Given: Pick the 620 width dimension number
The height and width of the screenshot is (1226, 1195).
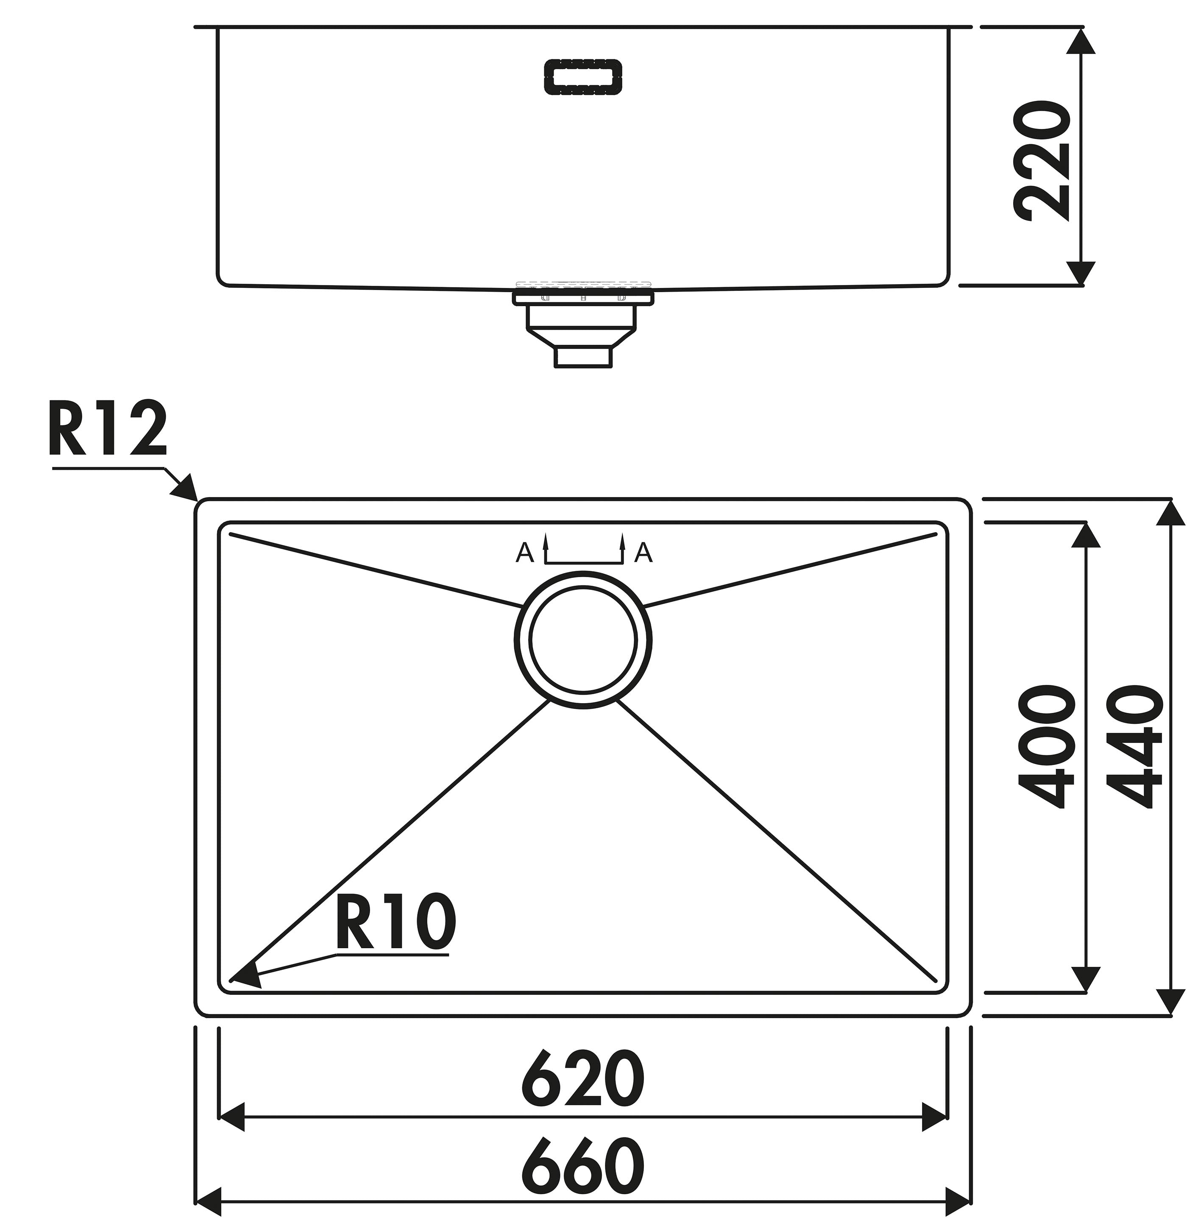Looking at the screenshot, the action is (583, 1078).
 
